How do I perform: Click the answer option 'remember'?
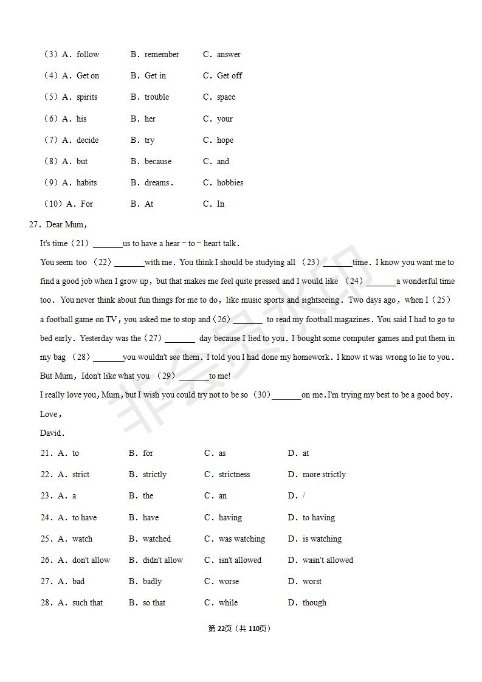[162, 55]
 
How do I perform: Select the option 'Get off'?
[229, 76]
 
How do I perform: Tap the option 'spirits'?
[87, 97]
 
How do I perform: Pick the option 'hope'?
[225, 140]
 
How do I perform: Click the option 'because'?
[158, 162]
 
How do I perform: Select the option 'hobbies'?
[230, 183]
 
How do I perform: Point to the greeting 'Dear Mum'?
[65, 225]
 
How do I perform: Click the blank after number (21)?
[108, 244]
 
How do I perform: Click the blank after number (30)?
[286, 396]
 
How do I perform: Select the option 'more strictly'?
[324, 475]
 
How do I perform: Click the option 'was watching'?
[241, 539]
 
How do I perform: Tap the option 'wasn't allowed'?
[328, 560]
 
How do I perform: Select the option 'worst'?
[312, 582]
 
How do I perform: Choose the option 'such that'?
[88, 603]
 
